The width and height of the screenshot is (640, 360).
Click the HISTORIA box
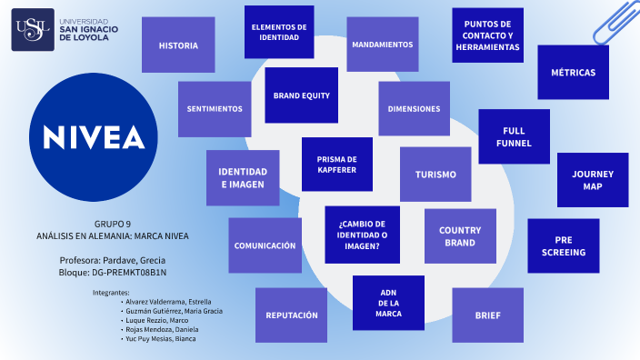(178, 45)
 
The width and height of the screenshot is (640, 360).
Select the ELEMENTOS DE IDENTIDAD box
(279, 32)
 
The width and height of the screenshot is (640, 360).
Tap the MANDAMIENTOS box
(382, 45)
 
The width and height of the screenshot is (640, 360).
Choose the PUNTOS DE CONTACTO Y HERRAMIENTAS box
(487, 35)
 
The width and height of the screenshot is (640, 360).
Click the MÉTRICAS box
(573, 73)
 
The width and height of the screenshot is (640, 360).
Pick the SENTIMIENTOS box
(215, 108)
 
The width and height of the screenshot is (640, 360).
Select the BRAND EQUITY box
(302, 95)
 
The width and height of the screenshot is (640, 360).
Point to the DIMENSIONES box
(414, 108)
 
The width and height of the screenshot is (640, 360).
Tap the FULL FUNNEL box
(514, 136)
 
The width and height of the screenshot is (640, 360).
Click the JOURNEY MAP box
(593, 180)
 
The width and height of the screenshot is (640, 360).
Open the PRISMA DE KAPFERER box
(336, 164)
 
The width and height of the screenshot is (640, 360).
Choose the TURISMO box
(435, 175)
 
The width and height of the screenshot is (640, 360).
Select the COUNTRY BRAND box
(460, 236)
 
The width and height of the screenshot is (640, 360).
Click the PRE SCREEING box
(563, 245)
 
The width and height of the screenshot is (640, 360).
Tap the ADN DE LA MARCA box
(388, 303)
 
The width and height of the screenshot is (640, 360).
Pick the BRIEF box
(487, 315)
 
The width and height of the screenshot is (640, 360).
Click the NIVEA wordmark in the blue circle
(94, 136)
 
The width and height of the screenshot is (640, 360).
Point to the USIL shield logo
(32, 32)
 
